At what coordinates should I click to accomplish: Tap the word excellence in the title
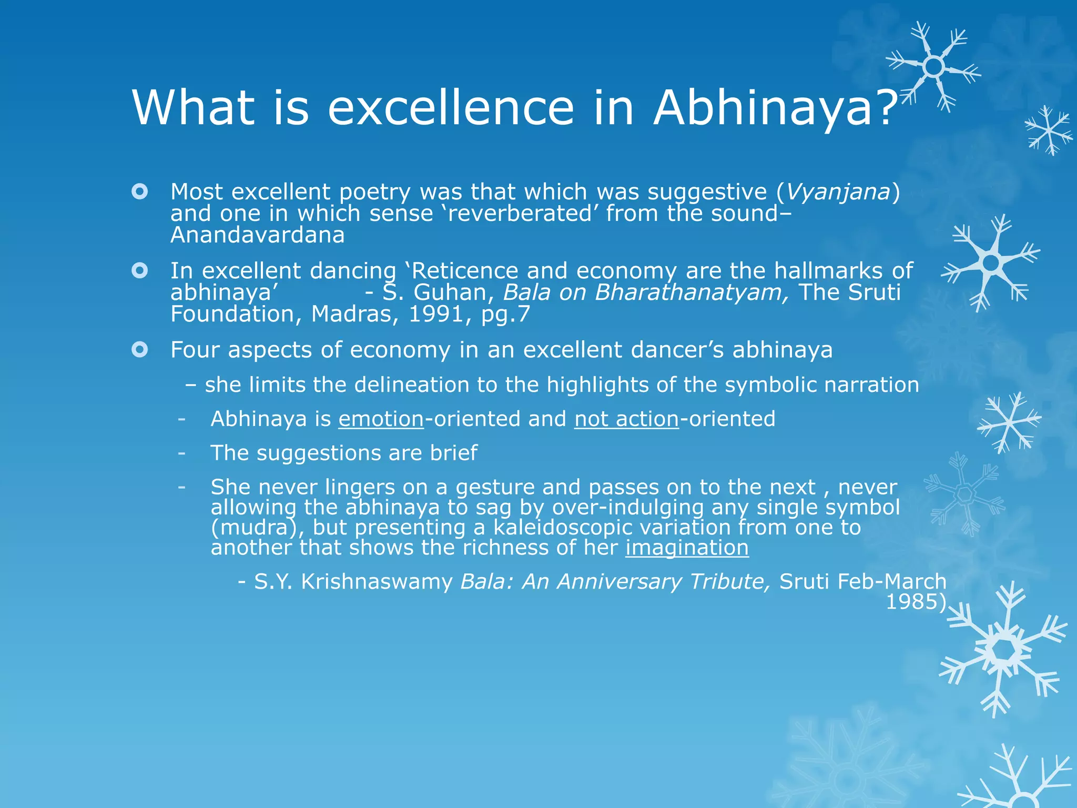[451, 108]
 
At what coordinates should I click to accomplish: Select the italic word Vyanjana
[838, 192]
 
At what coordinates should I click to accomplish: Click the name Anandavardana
[257, 235]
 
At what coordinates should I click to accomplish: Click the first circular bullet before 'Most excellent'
[140, 191]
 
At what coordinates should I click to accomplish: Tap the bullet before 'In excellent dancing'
[140, 271]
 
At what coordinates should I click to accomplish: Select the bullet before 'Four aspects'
[140, 349]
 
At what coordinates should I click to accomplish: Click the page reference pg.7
[505, 315]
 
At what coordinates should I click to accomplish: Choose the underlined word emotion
[381, 419]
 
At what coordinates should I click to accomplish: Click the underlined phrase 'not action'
[626, 419]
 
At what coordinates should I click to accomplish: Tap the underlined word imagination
[687, 548]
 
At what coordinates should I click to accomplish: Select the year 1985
[914, 602]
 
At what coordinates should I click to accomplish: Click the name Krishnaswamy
[377, 582]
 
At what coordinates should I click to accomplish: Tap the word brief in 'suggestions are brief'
[453, 453]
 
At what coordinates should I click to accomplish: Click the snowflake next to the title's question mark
[933, 67]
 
